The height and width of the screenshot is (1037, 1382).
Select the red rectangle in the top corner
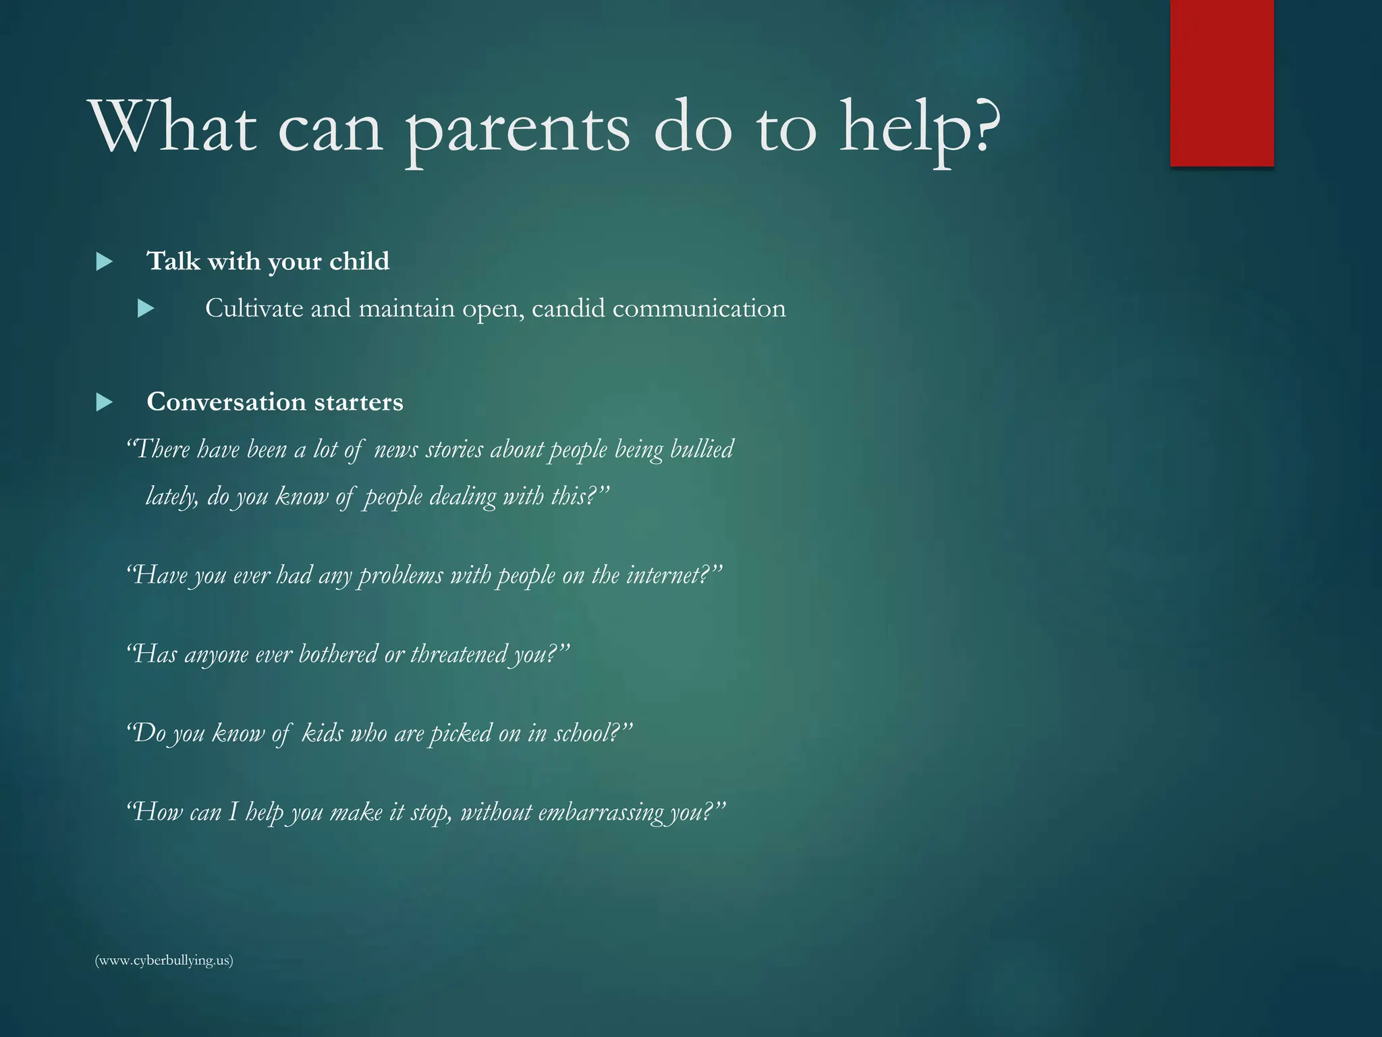pyautogui.click(x=1221, y=82)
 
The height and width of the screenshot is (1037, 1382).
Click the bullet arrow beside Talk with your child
pyautogui.click(x=104, y=262)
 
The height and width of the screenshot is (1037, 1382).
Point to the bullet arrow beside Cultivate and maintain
pyautogui.click(x=146, y=309)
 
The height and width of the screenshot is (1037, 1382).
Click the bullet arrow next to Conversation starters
pyautogui.click(x=104, y=403)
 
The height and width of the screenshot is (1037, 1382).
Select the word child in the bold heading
pyautogui.click(x=359, y=261)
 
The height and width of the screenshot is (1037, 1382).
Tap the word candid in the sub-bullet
pyautogui.click(x=568, y=309)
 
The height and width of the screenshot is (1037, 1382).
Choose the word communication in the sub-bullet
pyautogui.click(x=699, y=309)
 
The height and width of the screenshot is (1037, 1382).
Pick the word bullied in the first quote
pyautogui.click(x=702, y=450)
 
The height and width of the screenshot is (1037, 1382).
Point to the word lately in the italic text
pyautogui.click(x=171, y=497)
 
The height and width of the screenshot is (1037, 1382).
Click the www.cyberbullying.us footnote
pyautogui.click(x=164, y=960)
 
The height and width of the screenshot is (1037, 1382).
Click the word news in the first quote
pyautogui.click(x=395, y=450)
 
